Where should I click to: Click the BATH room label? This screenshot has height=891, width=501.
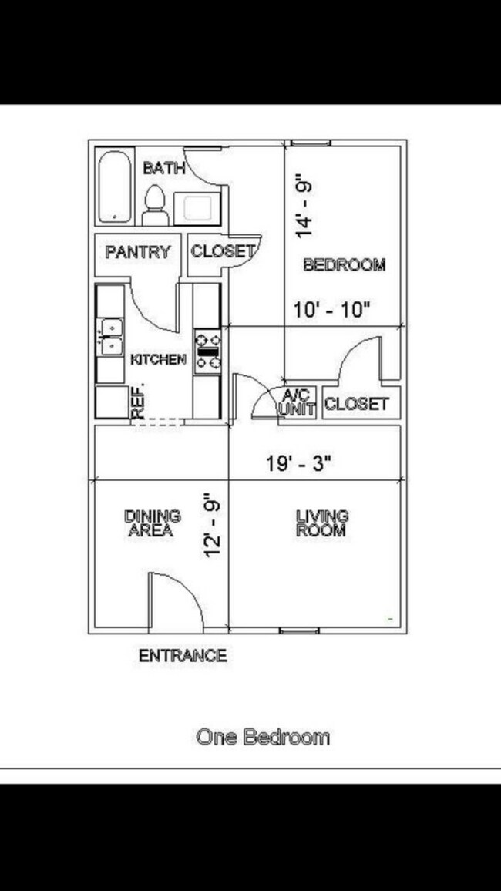click(164, 168)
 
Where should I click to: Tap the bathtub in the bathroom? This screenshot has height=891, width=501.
click(116, 186)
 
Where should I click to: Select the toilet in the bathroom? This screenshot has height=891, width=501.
click(155, 205)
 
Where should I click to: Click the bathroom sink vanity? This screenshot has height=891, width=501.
click(197, 207)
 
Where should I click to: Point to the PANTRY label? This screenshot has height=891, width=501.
click(137, 252)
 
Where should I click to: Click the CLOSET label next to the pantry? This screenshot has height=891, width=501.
click(222, 251)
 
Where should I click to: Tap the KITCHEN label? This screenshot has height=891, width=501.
click(158, 359)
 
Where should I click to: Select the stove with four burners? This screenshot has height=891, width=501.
click(207, 351)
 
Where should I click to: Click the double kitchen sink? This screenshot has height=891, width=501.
click(111, 336)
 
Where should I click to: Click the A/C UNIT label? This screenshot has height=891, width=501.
click(296, 403)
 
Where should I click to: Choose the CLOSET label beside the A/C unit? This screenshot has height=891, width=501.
click(356, 403)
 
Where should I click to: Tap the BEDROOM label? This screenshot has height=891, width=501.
click(344, 265)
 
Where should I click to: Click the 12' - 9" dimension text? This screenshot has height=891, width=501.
click(213, 526)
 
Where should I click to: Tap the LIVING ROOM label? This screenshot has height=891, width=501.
click(321, 523)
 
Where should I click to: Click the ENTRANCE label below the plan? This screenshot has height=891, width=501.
click(183, 656)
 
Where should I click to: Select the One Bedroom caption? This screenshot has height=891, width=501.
click(263, 737)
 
